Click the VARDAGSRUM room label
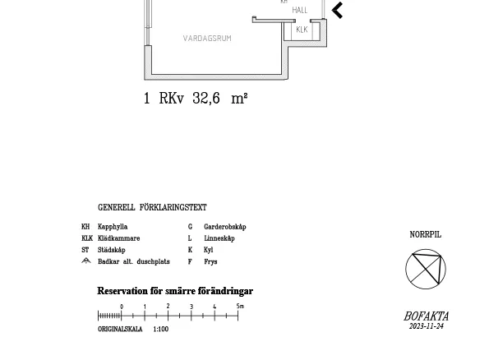207,39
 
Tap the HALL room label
300,11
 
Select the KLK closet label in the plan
302,30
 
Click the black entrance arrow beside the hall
337,11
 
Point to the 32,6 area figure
206,99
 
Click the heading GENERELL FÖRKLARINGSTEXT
152,207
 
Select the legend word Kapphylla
113,227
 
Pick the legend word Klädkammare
119,238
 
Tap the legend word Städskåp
111,250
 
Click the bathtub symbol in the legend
86,261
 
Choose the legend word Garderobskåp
225,227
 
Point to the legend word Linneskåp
219,238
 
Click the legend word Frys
210,261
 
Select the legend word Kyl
208,250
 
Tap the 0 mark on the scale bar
122,307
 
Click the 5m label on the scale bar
240,306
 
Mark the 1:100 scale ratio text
160,329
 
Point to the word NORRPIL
426,234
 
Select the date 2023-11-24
427,326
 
